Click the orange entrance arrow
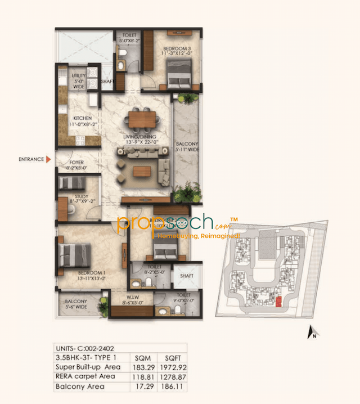coord(49,159)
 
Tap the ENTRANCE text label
coord(31,159)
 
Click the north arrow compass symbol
coord(311,333)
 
